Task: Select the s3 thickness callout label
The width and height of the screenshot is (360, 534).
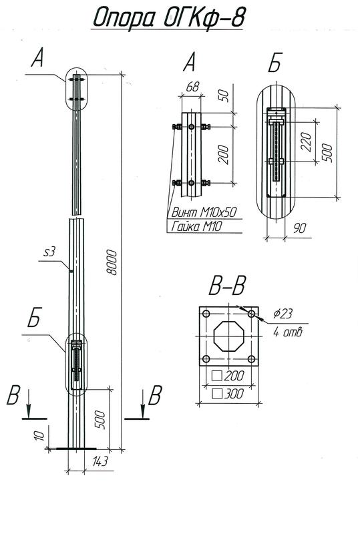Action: click(47, 252)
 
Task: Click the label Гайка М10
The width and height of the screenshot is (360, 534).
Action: click(195, 228)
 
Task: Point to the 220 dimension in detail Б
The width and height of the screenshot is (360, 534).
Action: click(307, 141)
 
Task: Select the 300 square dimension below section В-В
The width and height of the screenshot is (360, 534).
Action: click(230, 394)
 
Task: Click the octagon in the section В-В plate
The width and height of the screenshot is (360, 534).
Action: click(228, 337)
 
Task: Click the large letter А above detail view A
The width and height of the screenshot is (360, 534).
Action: click(190, 63)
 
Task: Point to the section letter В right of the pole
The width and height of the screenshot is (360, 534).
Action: click(154, 396)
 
